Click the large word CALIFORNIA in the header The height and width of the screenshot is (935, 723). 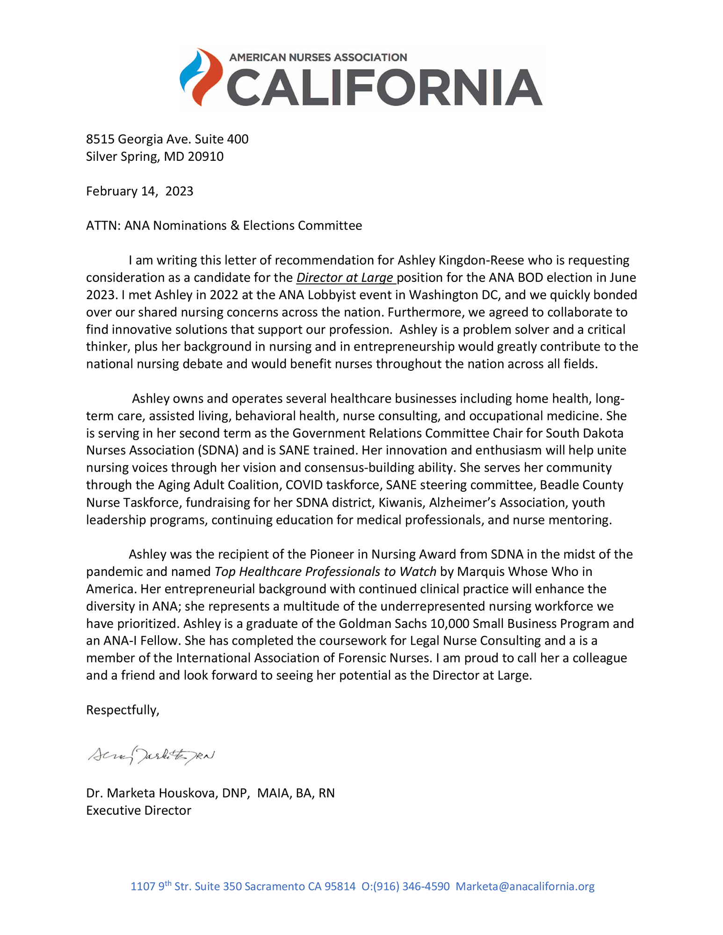(384, 88)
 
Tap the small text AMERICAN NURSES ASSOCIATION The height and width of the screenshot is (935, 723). (318, 58)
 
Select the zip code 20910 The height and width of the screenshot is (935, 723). (206, 157)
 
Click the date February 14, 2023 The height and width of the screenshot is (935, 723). (139, 191)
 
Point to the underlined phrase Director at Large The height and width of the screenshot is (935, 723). (345, 278)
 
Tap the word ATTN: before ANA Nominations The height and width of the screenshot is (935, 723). (103, 226)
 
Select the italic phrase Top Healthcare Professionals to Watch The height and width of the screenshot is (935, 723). (325, 572)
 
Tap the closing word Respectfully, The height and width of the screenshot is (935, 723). (123, 710)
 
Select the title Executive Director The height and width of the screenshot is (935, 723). (138, 810)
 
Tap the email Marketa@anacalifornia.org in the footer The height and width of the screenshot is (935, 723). (525, 886)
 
